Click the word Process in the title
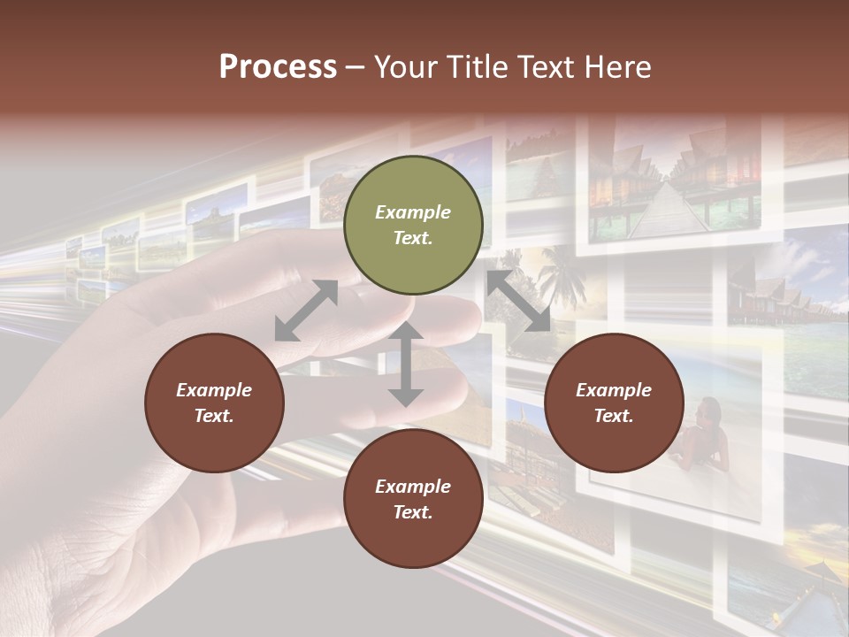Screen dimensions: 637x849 (278, 67)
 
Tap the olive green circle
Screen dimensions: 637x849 (413, 226)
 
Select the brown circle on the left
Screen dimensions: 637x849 (214, 403)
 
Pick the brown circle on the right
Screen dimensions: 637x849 (614, 403)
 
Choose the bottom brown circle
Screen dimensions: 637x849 (413, 498)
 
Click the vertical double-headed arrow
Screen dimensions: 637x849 (406, 365)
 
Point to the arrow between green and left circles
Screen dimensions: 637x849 (306, 311)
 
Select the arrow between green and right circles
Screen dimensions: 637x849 (518, 301)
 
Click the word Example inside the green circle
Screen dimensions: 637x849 (413, 212)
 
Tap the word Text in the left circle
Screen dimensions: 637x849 (214, 416)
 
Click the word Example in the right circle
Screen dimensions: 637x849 (614, 390)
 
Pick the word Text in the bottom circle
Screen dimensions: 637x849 (413, 512)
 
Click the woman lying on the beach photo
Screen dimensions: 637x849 (703, 438)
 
